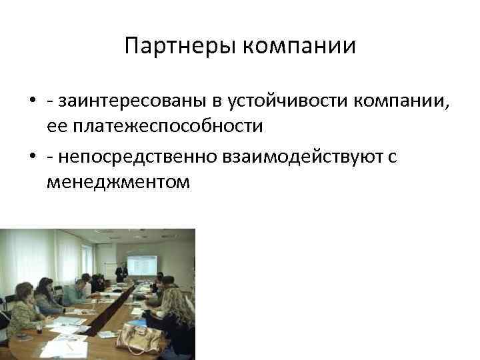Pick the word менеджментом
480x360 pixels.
point(118,181)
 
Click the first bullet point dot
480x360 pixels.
point(31,101)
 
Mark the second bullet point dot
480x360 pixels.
point(31,157)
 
